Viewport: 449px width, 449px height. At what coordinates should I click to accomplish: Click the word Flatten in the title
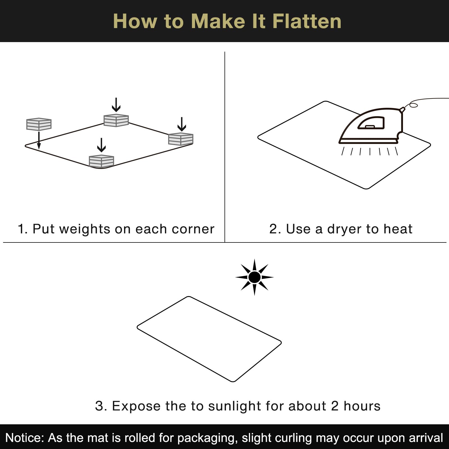[307, 21]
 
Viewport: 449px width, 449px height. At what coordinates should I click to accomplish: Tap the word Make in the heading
[218, 21]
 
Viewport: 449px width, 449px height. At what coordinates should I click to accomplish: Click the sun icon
[255, 277]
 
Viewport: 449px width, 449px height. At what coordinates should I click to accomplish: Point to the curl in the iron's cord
[413, 105]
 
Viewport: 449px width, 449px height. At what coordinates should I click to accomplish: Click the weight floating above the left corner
[39, 124]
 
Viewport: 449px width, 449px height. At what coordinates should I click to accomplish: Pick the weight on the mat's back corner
[116, 120]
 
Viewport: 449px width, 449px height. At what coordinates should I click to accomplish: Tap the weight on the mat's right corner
[181, 139]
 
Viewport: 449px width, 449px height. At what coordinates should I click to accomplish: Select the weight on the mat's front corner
[101, 161]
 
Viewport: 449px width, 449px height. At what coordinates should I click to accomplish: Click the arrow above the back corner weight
[116, 105]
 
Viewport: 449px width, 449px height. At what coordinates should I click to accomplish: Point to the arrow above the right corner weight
[182, 124]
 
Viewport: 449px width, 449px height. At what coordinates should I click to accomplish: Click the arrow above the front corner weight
[101, 145]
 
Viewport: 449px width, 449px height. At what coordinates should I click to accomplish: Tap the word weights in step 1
[85, 229]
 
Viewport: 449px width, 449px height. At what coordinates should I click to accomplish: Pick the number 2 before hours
[335, 406]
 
